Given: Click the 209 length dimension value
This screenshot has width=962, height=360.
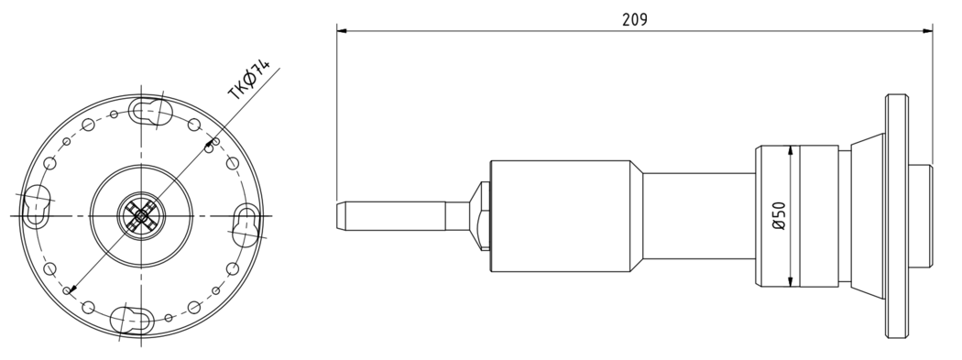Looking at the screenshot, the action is click(x=634, y=19).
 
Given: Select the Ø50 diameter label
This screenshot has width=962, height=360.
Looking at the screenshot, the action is click(x=779, y=216).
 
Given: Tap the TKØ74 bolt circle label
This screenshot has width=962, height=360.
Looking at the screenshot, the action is click(x=248, y=80).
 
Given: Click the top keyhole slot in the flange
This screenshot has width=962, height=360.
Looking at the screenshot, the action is click(x=148, y=111).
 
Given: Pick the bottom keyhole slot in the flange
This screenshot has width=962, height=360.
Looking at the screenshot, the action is click(x=131, y=320).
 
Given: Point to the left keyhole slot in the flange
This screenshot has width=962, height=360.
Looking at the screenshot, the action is click(x=37, y=205).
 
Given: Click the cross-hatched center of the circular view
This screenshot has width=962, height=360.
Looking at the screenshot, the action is click(x=141, y=215).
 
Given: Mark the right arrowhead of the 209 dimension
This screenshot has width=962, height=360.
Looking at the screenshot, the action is click(x=927, y=30).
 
